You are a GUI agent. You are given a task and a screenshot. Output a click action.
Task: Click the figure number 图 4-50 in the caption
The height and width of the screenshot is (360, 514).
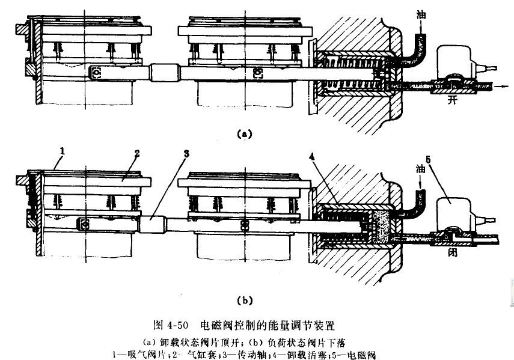pyautogui.click(x=173, y=325)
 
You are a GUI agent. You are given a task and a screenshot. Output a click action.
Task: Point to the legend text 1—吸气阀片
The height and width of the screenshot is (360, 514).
pyautogui.click(x=133, y=354)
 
